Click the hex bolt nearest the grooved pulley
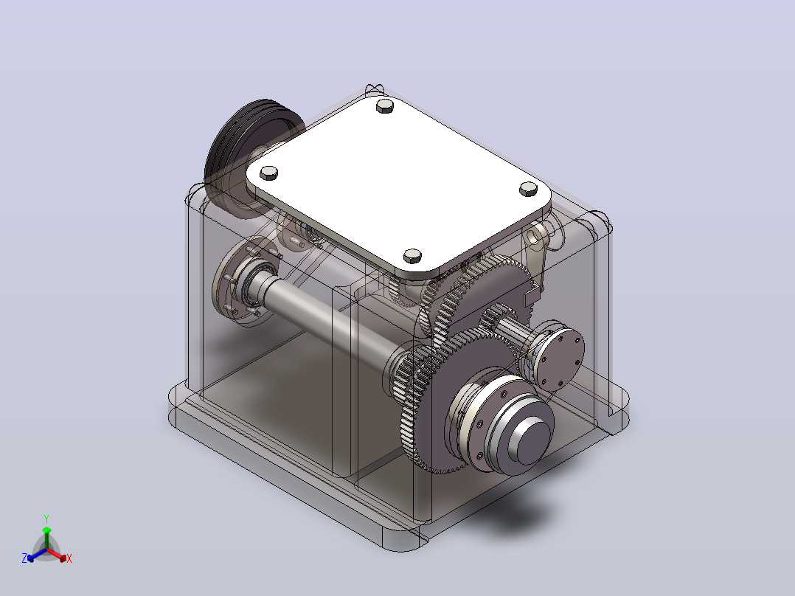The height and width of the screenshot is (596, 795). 268,173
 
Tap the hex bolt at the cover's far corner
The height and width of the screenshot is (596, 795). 385,105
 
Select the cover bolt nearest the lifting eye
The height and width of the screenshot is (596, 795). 528,189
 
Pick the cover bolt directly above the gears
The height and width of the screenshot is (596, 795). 413,256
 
